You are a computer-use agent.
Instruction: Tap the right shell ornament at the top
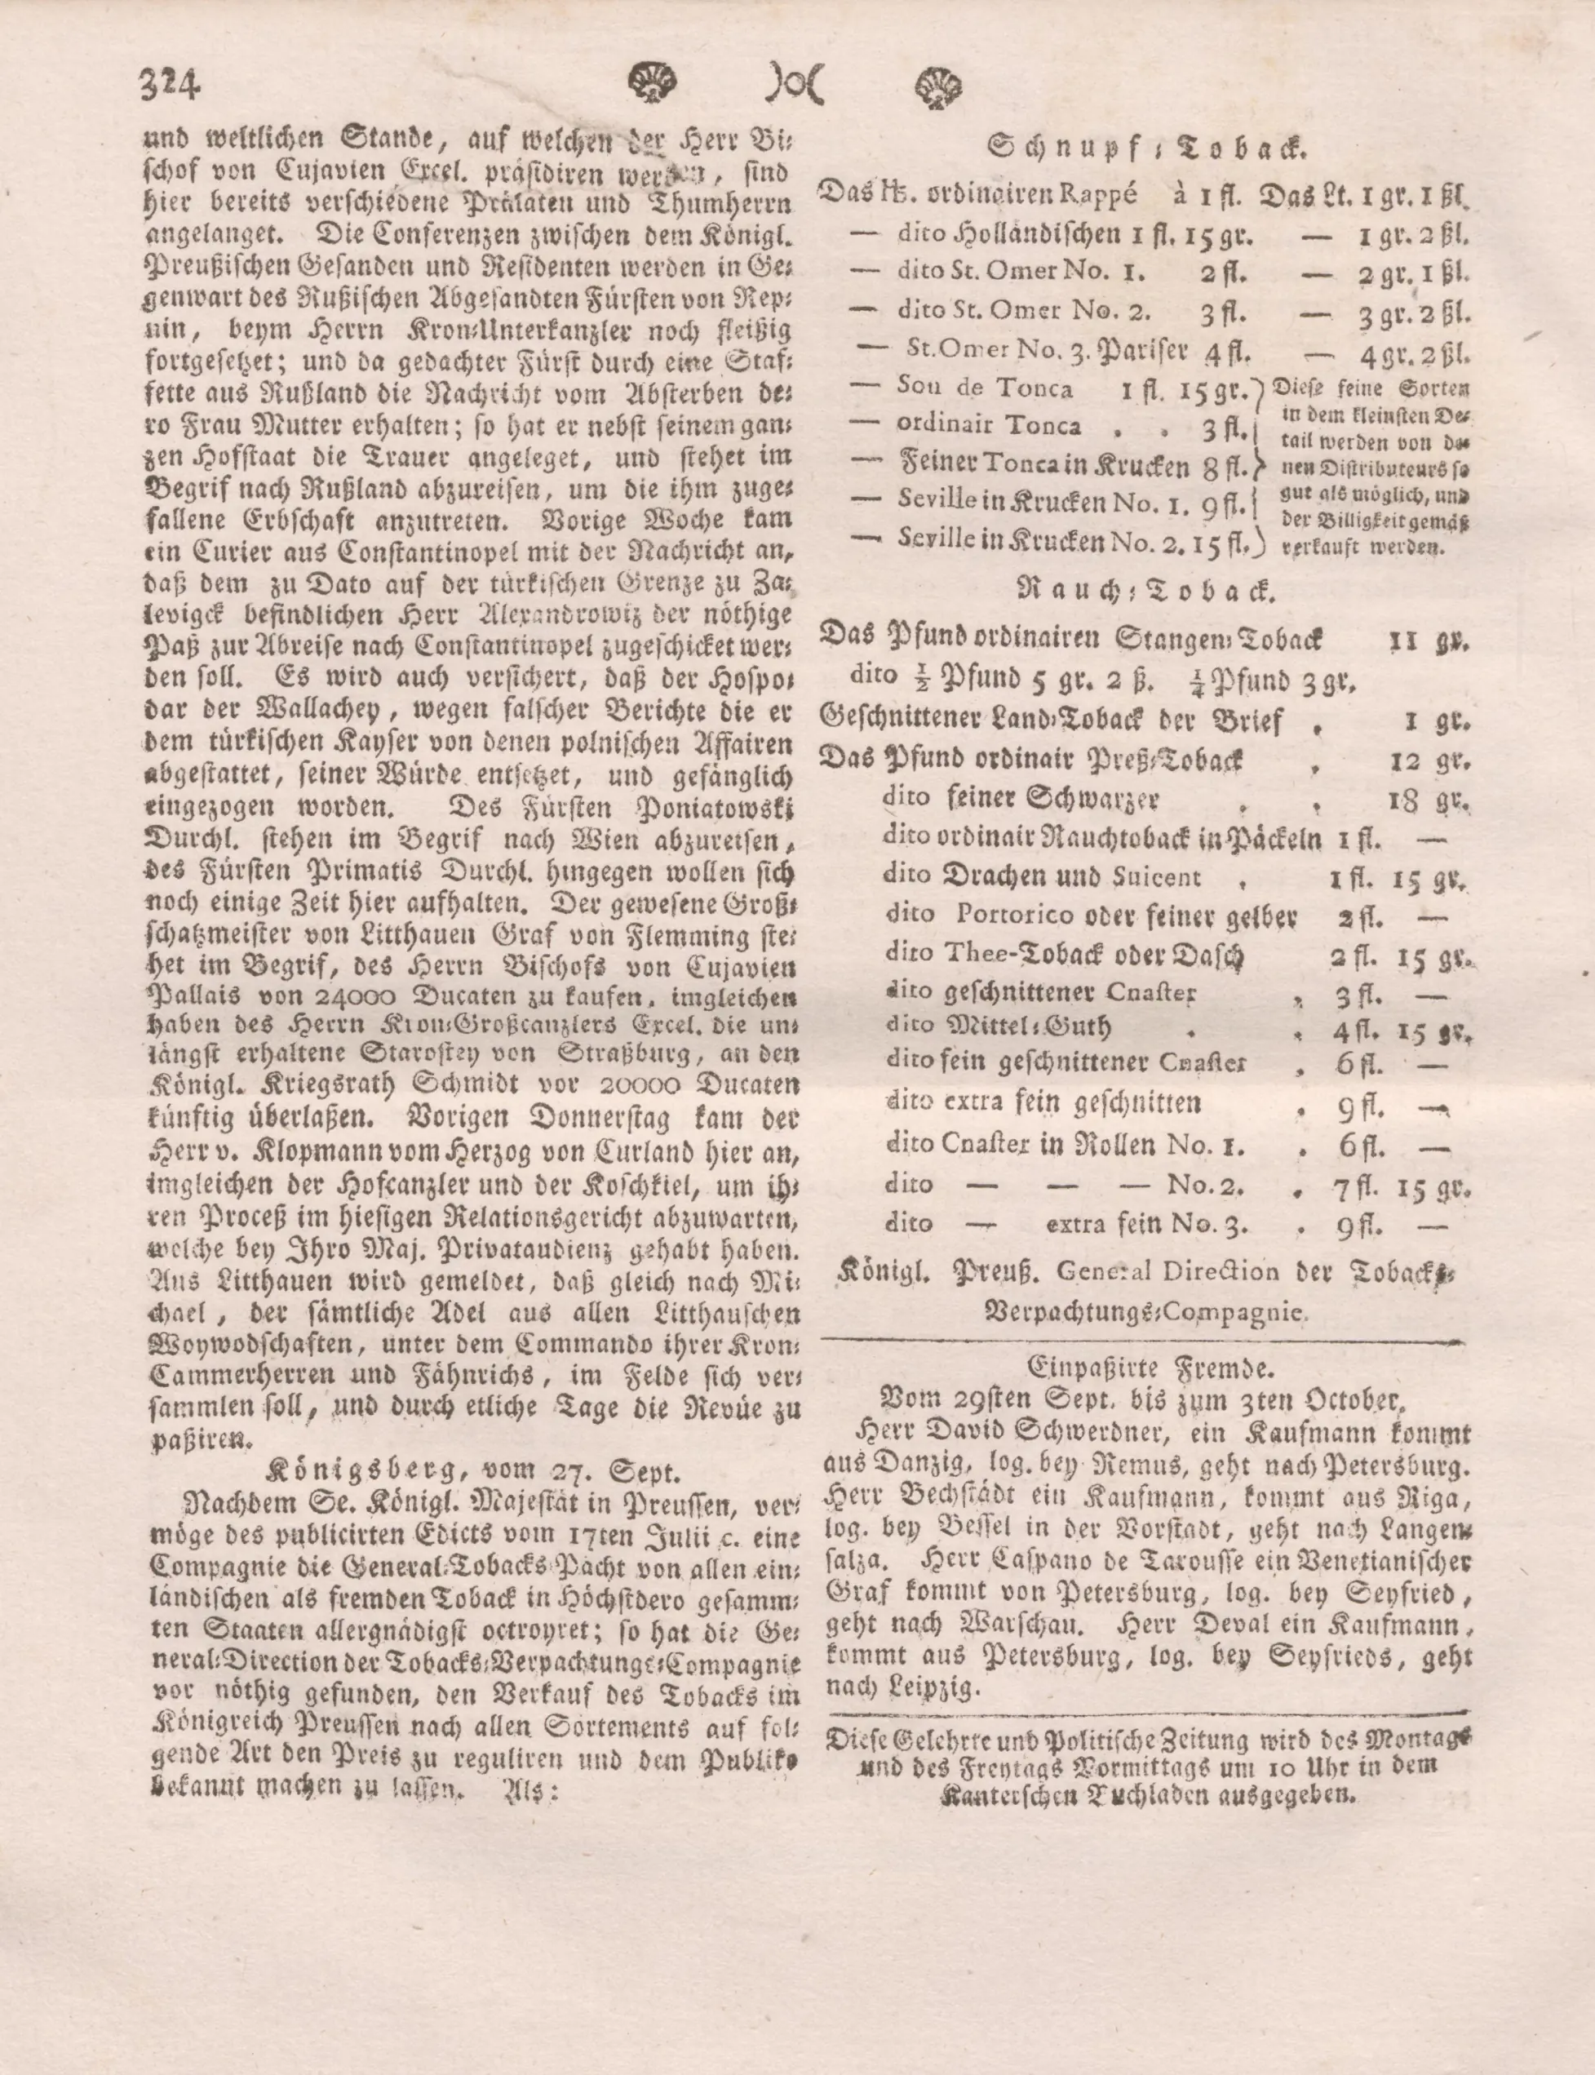click(x=937, y=86)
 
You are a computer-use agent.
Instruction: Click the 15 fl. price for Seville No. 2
click(x=1224, y=540)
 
